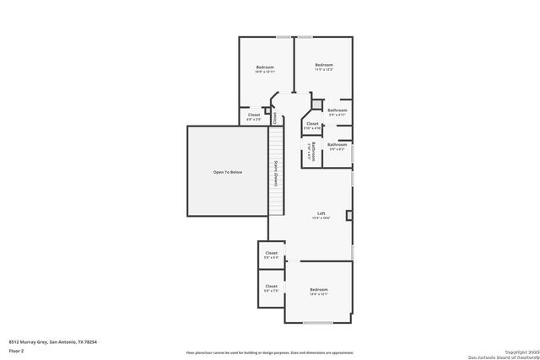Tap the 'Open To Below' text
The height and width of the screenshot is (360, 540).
pyautogui.click(x=227, y=172)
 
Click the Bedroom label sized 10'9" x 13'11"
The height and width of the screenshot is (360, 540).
pyautogui.click(x=266, y=69)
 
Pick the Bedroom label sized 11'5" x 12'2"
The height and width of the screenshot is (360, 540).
pyautogui.click(x=324, y=67)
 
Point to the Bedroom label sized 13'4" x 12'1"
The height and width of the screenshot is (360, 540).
pyautogui.click(x=317, y=292)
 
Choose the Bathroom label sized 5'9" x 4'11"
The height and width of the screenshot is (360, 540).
pyautogui.click(x=337, y=112)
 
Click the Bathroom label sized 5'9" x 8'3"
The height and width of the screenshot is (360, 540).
pyautogui.click(x=337, y=146)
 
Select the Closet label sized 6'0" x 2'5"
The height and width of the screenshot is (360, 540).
pyautogui.click(x=254, y=117)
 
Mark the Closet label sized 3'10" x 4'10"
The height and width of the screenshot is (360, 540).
pyautogui.click(x=312, y=126)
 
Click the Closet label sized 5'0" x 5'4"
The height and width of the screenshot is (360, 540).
pyautogui.click(x=272, y=255)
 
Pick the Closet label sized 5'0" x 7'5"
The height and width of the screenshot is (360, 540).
pyautogui.click(x=272, y=288)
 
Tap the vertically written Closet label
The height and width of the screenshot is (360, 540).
pyautogui.click(x=275, y=117)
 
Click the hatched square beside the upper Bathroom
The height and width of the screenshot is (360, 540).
pyautogui.click(x=318, y=105)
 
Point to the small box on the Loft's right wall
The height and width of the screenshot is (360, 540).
pyautogui.click(x=348, y=216)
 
